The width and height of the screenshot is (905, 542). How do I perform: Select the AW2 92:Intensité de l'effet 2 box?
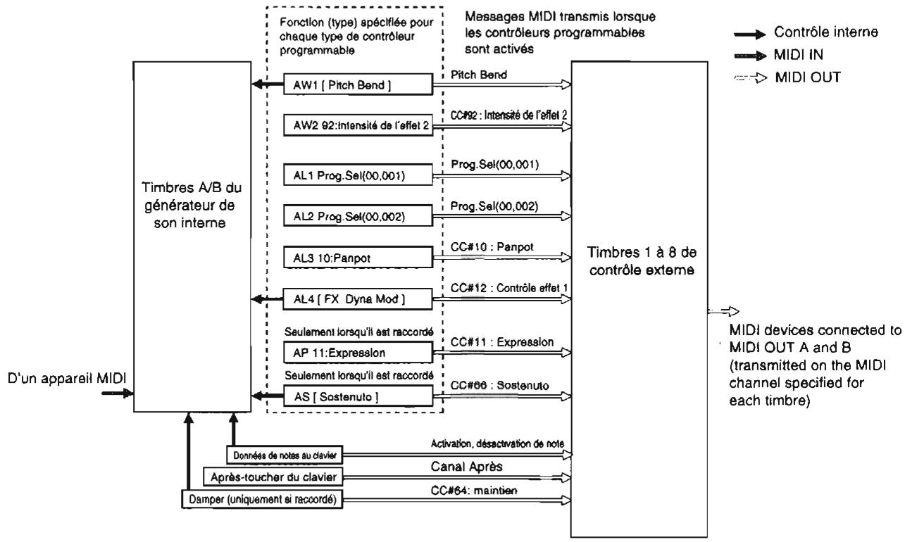357,127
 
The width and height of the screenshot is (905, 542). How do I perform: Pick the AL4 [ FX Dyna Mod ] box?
357,300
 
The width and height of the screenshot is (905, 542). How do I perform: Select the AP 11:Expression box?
357,352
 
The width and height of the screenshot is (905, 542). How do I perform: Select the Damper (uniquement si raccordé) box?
263,499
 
